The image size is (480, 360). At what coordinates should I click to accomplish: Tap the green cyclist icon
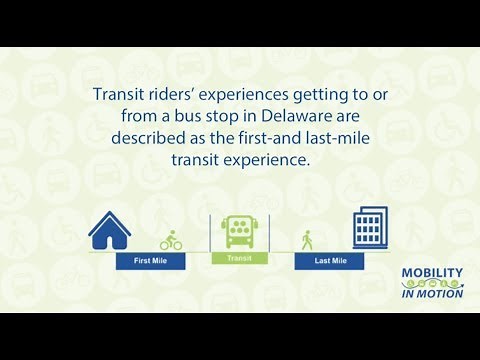coord(171,240)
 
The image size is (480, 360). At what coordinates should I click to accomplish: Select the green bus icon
coord(238,232)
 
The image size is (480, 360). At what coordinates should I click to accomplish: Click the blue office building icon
coord(369,227)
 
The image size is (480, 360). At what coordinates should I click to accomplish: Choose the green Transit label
coord(238,257)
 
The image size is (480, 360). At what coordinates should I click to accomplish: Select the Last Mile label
coord(331,261)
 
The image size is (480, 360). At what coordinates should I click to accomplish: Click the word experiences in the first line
coord(253,95)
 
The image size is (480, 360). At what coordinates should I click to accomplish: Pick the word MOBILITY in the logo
coord(431,272)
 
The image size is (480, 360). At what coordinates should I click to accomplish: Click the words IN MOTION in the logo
coord(431,293)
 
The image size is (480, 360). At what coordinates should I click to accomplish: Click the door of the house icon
coord(110,239)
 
